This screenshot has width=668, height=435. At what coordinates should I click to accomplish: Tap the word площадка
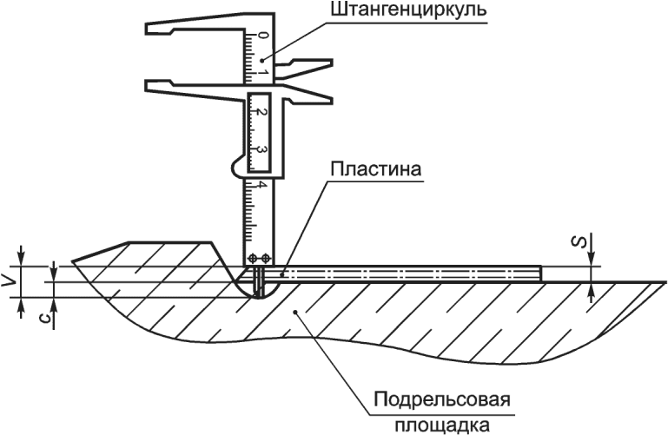pos(439,424)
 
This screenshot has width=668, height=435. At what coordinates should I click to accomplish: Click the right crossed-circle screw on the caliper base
pos(265,258)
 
